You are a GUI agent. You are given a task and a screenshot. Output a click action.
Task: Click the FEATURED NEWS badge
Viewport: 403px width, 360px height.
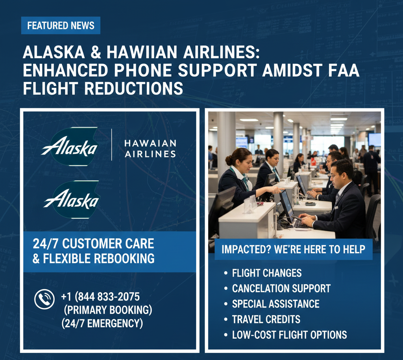(x=61, y=26)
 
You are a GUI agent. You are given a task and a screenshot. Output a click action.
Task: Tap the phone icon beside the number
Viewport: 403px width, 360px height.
(x=44, y=299)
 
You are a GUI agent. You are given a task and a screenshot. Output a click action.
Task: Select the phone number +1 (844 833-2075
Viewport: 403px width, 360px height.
(x=100, y=297)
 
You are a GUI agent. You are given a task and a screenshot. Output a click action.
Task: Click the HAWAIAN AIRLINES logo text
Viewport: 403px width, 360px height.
(x=150, y=148)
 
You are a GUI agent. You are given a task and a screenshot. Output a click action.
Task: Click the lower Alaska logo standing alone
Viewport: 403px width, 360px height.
(x=72, y=200)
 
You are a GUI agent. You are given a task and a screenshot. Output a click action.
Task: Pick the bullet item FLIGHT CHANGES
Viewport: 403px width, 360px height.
(x=267, y=273)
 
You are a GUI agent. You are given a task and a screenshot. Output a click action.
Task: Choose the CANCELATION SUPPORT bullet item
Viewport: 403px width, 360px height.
(x=281, y=289)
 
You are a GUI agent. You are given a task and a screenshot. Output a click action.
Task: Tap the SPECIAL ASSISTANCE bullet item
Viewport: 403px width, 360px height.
(x=275, y=304)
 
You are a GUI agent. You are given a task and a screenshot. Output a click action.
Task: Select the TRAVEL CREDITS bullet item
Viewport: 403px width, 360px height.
(x=266, y=319)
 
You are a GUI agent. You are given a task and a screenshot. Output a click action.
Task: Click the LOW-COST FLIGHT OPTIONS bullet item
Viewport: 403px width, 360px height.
(x=289, y=335)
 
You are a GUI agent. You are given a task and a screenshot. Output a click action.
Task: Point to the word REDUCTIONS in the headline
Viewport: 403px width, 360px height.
(x=134, y=89)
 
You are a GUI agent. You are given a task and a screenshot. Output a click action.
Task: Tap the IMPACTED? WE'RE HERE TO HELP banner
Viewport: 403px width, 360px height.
(x=294, y=249)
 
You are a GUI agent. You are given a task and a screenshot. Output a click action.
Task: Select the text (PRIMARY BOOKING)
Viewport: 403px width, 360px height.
(x=108, y=310)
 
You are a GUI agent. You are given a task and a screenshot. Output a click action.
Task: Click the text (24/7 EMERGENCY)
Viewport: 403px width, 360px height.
(x=102, y=323)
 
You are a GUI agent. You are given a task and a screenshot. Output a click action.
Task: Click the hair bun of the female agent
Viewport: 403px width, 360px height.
(x=228, y=160)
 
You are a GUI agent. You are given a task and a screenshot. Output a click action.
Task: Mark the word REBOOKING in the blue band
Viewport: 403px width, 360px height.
(x=124, y=259)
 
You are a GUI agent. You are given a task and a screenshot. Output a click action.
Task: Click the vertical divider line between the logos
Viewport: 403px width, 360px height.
(x=111, y=145)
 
